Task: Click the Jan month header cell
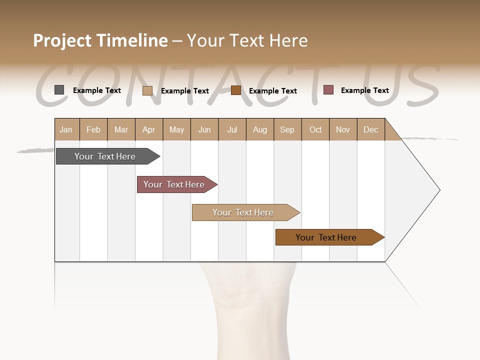tap(66, 130)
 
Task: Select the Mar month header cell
tap(121, 130)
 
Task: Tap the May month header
tap(176, 130)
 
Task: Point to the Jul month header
tap(232, 130)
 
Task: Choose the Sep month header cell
tap(287, 130)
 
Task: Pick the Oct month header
tap(315, 130)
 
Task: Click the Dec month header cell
tap(371, 130)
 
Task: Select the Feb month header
tap(93, 130)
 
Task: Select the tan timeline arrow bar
tap(243, 212)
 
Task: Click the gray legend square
tap(59, 90)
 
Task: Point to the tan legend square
tap(147, 90)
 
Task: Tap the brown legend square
tap(236, 90)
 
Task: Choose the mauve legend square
tap(328, 90)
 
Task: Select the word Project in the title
tap(62, 40)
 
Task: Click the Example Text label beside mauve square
tap(364, 90)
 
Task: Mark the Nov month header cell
tap(343, 130)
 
